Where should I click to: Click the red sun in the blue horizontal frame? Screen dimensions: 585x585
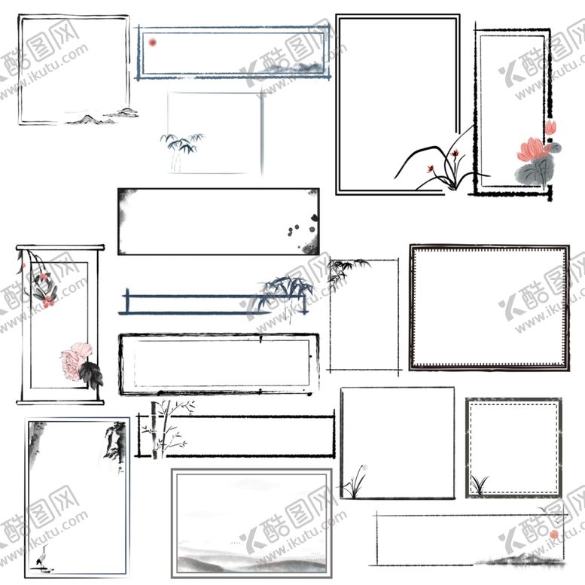tap(152, 42)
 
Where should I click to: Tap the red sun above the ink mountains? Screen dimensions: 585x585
tap(554, 535)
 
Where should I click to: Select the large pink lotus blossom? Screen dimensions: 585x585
tap(531, 149)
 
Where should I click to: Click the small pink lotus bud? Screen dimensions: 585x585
tap(550, 127)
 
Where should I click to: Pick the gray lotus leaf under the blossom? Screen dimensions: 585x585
tap(534, 170)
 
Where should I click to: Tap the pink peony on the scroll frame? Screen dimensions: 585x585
tap(76, 361)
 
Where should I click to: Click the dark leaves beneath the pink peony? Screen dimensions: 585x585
tap(91, 375)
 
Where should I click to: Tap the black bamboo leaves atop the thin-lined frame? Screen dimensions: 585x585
tap(346, 273)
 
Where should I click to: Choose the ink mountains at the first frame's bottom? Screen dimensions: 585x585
tap(102, 117)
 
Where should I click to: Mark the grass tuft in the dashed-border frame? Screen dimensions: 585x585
tap(480, 484)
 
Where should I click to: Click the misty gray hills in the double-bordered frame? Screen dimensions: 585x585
tap(251, 562)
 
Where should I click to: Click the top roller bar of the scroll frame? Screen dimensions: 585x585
tap(60, 248)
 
